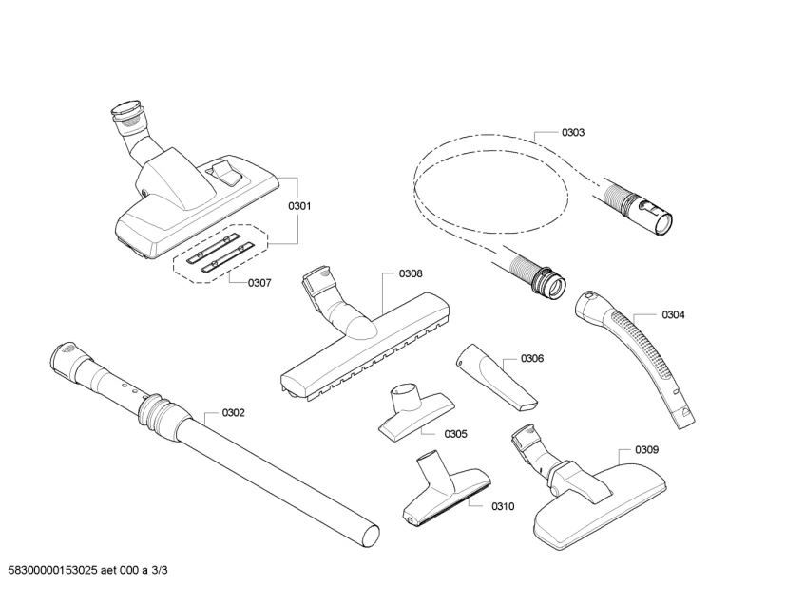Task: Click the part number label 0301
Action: pos(299,206)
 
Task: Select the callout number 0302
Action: pos(233,412)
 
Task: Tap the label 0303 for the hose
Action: pos(572,133)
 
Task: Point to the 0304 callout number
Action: pos(673,314)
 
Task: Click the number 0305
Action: pos(455,433)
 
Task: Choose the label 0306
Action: pos(532,359)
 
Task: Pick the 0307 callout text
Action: pos(259,283)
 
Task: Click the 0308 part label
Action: pos(411,273)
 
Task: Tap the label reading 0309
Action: pos(647,449)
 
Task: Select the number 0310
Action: pos(503,506)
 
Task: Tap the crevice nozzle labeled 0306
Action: pos(495,374)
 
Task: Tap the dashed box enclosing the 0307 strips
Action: pos(219,253)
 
